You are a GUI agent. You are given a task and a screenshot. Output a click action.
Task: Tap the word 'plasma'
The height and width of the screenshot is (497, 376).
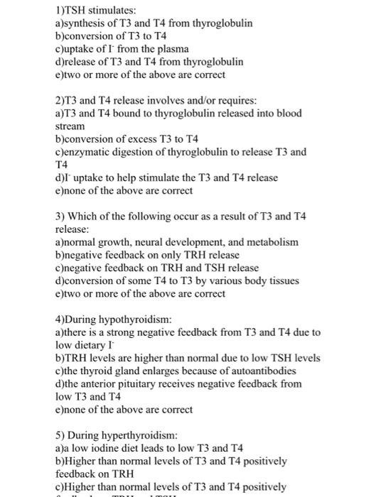(172, 49)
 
